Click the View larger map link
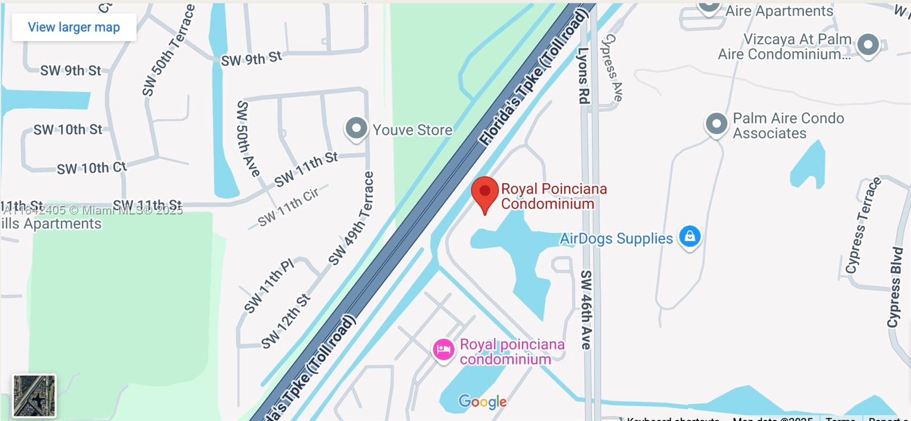point(73,27)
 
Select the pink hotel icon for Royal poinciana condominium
point(443,350)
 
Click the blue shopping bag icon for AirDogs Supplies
point(690,236)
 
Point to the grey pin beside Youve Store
point(356,128)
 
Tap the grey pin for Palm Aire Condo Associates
point(716,123)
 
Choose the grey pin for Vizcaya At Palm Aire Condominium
point(868,44)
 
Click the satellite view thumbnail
point(34,395)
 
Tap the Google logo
point(482,402)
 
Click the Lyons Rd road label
point(583,76)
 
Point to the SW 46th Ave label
point(586,309)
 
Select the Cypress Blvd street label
point(894,287)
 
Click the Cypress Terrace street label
point(863,225)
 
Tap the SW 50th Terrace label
point(168,51)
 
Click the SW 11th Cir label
point(289,208)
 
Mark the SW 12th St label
point(286,321)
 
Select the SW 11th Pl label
point(269,286)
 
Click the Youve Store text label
point(412,130)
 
